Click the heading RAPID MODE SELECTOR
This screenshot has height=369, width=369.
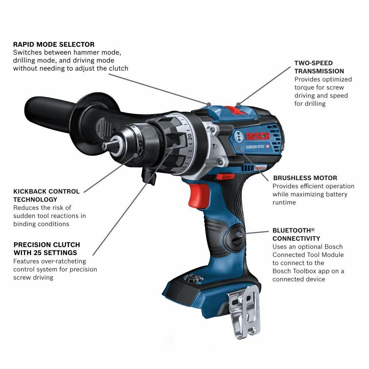tap(54, 44)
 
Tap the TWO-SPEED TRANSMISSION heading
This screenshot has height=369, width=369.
tap(319, 67)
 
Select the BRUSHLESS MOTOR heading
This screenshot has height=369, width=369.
tap(305, 178)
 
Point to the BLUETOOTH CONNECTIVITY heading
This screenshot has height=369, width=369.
tap(296, 234)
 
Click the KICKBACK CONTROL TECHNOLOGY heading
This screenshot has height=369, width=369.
tap(46, 196)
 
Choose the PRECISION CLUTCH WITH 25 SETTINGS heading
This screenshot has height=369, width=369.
tap(46, 249)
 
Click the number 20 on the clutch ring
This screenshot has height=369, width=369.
tap(190, 137)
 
